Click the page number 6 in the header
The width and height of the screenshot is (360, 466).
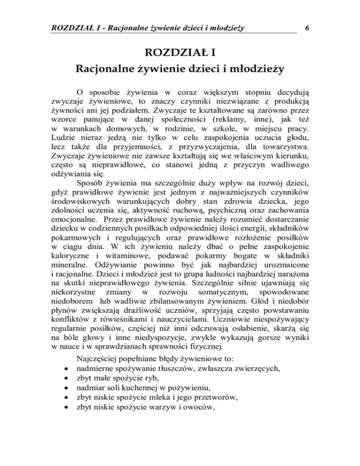click(306, 28)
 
